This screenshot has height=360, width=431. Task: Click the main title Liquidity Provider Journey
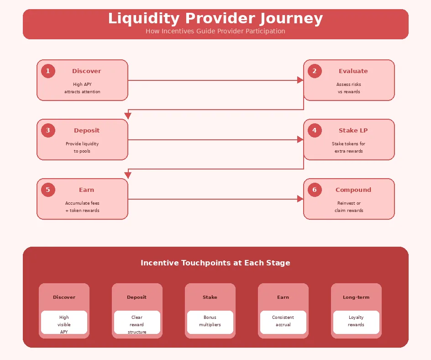pos(215,19)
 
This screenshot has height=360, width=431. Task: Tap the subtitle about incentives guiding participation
pos(215,32)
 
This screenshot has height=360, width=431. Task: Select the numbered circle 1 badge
pos(48,71)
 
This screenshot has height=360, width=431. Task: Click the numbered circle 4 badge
pos(315,131)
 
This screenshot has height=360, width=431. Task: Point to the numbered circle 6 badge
pos(315,190)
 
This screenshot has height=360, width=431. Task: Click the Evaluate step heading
pos(353,71)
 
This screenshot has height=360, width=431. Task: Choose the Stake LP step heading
pos(353,131)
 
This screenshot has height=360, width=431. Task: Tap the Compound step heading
pos(353,190)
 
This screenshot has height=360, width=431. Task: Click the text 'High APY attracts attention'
pos(82,88)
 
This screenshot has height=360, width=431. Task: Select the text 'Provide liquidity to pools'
pos(82,148)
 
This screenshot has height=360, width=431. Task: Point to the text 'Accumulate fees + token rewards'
pos(82,207)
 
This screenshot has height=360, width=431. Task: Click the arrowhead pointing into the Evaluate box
pos(300,80)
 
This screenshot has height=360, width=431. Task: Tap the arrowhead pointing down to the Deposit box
pos(128,116)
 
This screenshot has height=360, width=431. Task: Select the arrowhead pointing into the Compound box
pos(300,199)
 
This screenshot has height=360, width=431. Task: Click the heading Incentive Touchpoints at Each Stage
pos(215,263)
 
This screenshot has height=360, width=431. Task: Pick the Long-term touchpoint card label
pos(356,297)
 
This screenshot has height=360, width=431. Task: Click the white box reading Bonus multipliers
pos(210,321)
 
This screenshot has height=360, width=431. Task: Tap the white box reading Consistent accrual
pos(283,321)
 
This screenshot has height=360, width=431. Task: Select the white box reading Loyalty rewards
pos(356,321)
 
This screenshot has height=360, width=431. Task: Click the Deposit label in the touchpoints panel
pos(137,297)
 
